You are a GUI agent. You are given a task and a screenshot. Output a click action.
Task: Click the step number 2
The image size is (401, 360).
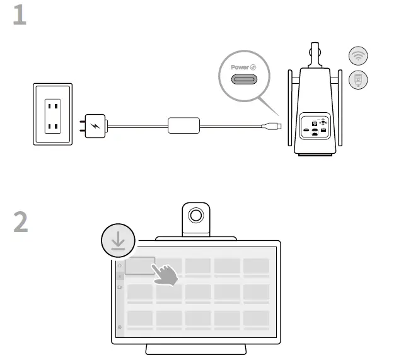pyautogui.click(x=21, y=222)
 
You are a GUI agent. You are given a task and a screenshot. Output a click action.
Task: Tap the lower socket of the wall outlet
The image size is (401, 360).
pyautogui.click(x=52, y=128)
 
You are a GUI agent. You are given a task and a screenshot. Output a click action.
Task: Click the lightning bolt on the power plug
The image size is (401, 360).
pyautogui.click(x=95, y=125)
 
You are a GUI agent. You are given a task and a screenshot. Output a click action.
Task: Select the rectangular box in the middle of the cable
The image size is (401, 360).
pyautogui.click(x=184, y=125)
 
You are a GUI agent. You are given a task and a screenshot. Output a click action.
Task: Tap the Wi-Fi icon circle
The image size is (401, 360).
pyautogui.click(x=358, y=56)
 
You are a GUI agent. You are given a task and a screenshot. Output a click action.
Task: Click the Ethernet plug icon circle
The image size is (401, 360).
pyautogui.click(x=358, y=79)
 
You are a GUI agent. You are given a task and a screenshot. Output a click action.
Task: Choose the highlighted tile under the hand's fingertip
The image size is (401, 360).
pyautogui.click(x=139, y=265)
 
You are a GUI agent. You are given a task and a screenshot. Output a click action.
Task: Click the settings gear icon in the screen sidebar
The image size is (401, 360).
pyautogui.click(x=120, y=328)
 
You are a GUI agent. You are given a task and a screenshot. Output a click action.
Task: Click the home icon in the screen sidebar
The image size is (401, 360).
pyautogui.click(x=120, y=266)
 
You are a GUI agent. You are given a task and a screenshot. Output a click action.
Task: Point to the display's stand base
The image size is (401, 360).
pyautogui.click(x=196, y=349)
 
